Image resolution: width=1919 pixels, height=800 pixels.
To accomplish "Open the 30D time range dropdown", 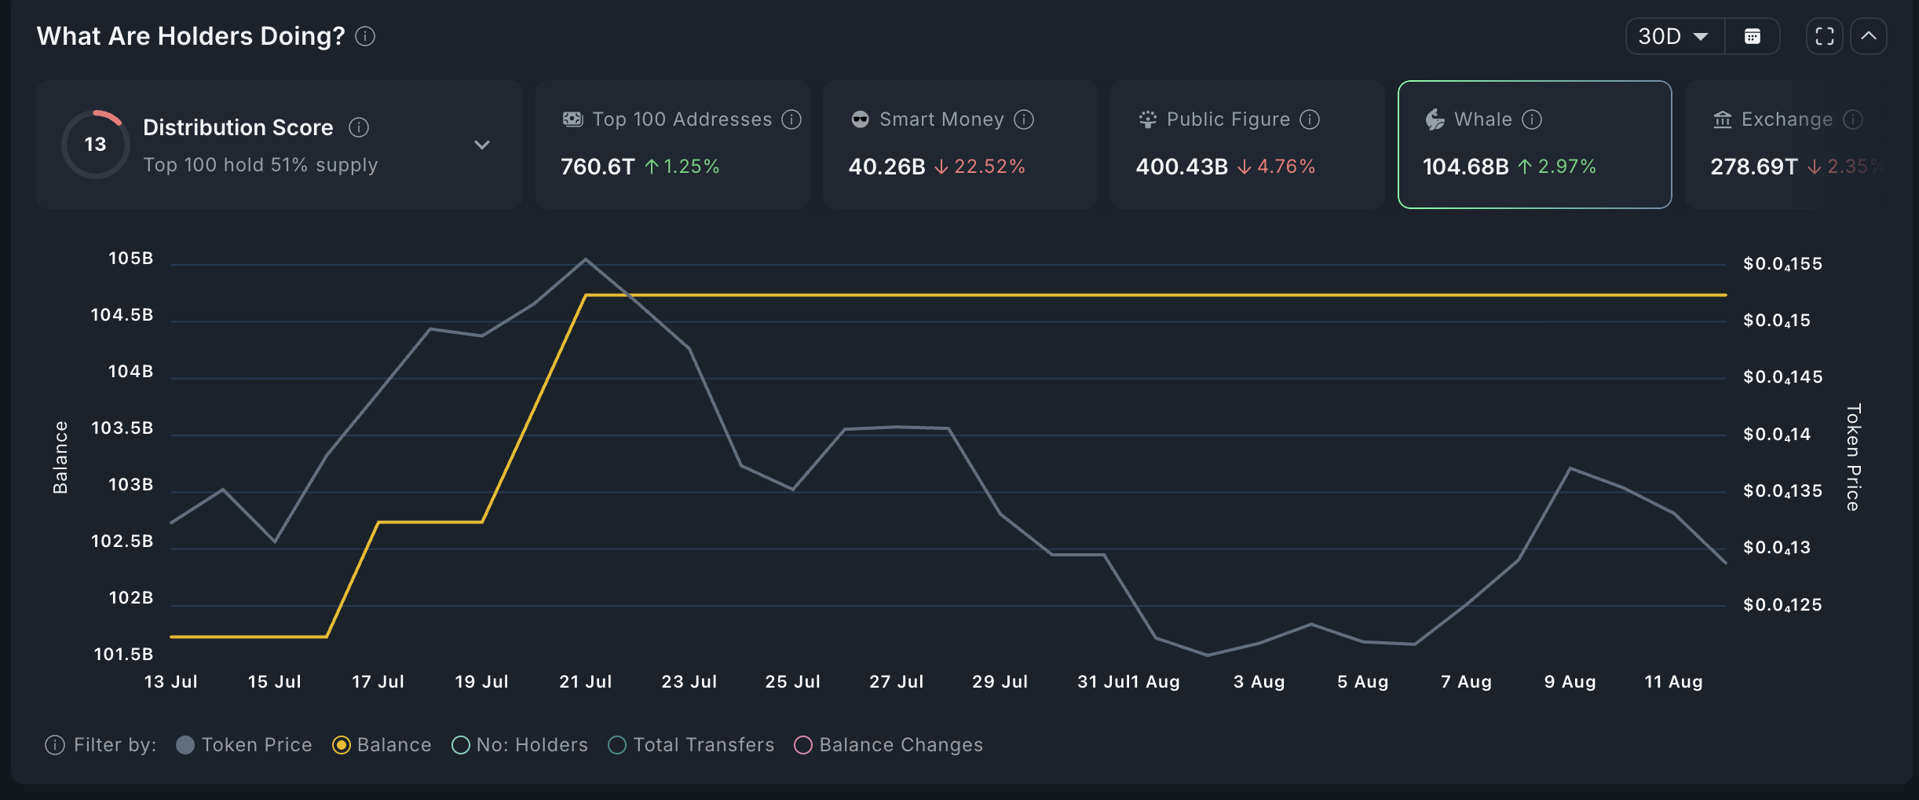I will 1673,36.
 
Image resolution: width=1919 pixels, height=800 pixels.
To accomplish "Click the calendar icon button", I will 1753,36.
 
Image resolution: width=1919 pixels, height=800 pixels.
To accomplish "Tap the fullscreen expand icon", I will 1825,36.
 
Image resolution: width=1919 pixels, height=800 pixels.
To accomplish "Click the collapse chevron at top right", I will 1869,36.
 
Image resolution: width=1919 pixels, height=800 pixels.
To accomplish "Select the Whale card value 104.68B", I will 1465,167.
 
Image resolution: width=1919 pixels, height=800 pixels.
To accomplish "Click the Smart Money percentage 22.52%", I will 989,167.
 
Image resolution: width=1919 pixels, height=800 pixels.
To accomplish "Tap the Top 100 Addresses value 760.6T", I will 597,167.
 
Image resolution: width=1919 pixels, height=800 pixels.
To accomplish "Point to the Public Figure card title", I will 1228,119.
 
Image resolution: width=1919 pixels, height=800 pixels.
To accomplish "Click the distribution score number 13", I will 95,145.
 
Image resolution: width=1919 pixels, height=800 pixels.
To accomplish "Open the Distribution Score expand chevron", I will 482,145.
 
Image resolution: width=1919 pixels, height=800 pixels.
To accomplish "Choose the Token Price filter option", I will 244,745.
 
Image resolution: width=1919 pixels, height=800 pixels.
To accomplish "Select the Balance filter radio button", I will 342,745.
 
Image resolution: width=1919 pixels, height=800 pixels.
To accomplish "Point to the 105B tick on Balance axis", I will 130,259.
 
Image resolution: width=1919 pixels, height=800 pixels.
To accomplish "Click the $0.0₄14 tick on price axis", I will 1777,435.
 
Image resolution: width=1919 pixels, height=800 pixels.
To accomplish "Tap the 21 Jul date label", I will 586,682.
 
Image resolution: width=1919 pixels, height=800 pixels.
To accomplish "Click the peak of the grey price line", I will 585,259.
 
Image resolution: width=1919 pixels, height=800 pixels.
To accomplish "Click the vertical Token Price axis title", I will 1853,457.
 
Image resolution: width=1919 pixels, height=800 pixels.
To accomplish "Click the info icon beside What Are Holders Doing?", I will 365,36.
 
